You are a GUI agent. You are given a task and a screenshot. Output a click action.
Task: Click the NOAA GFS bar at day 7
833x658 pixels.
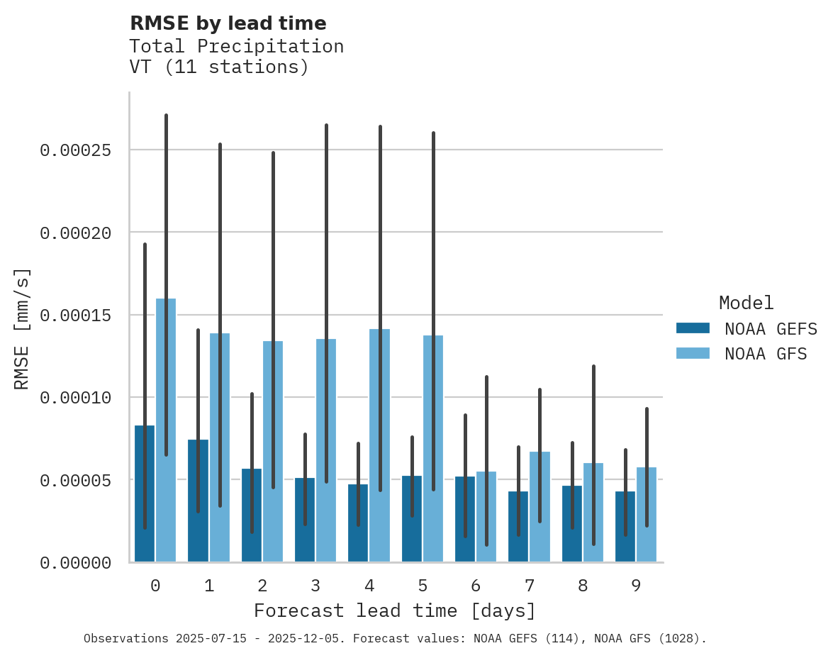(x=540, y=506)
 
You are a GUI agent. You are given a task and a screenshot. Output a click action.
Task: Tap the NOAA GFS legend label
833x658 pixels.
(x=766, y=354)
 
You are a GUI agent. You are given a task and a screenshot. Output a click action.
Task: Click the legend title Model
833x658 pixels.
(x=746, y=303)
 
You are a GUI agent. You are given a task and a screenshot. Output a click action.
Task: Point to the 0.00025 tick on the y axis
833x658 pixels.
(x=75, y=150)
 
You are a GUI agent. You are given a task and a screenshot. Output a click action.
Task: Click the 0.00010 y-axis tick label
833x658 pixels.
(x=75, y=398)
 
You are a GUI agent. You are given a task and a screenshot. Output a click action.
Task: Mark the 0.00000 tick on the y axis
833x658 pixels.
(x=75, y=563)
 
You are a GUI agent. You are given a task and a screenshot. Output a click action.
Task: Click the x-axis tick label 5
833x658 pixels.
(x=423, y=586)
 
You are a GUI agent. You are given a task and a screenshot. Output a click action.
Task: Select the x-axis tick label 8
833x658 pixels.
(x=583, y=586)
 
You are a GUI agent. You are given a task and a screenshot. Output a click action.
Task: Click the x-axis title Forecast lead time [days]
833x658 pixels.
(x=395, y=610)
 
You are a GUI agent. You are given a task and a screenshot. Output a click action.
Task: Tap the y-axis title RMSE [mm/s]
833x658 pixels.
(x=23, y=329)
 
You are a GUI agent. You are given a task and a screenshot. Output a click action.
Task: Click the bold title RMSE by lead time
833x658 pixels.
(x=228, y=23)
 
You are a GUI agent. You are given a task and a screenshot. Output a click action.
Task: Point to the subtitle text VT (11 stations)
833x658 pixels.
(x=219, y=67)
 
